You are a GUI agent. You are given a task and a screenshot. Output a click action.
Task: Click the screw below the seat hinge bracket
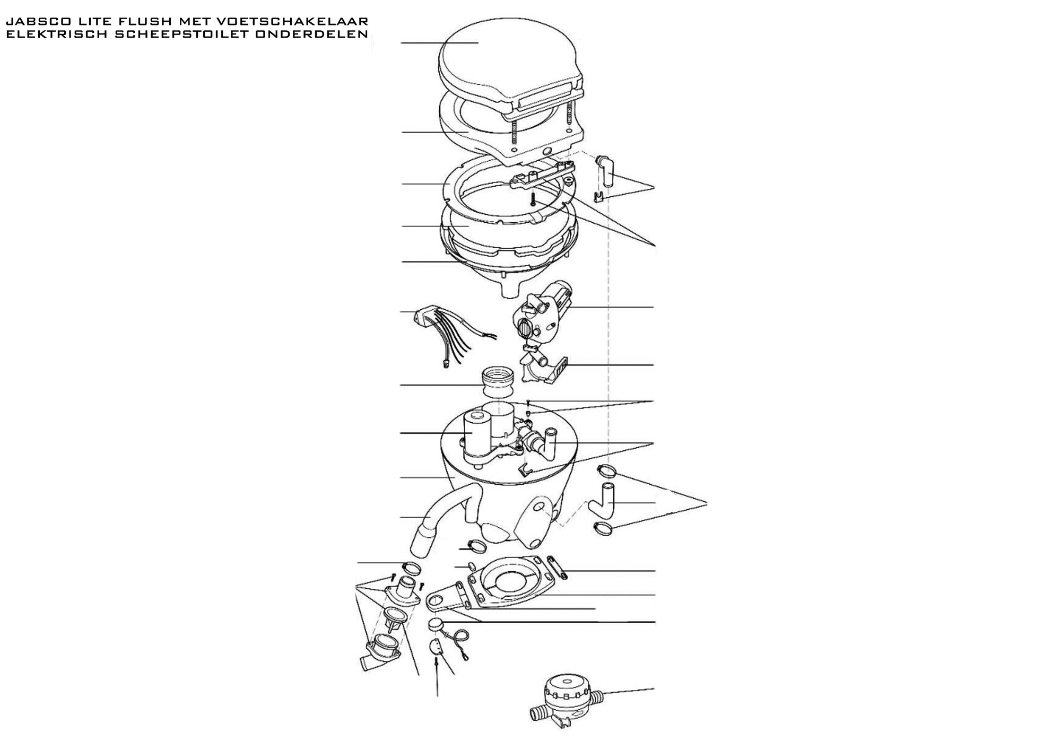coord(533,199)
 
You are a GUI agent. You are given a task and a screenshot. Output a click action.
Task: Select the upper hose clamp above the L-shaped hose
coord(606,469)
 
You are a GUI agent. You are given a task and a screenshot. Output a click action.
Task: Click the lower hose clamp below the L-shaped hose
coord(605,528)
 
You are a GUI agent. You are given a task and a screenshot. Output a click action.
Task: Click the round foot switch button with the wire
coord(436,624)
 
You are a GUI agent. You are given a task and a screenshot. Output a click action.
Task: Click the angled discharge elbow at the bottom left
coord(380,655)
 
